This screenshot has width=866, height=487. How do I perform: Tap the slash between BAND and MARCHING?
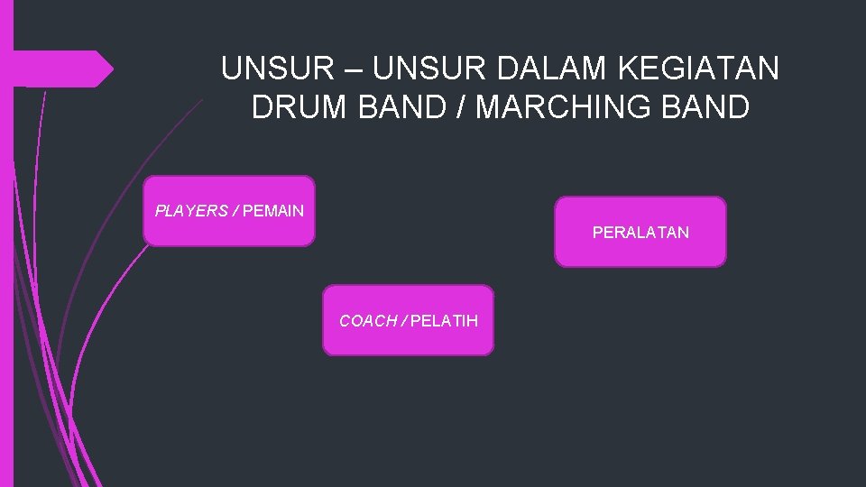(x=459, y=107)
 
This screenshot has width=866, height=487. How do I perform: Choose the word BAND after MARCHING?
(x=708, y=107)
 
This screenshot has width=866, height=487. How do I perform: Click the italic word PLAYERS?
(x=191, y=211)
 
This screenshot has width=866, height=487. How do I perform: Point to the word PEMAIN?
(x=273, y=211)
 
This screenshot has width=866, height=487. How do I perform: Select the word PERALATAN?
(x=640, y=233)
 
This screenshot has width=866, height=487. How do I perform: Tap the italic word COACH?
(x=368, y=321)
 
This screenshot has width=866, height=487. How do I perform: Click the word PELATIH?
(x=445, y=321)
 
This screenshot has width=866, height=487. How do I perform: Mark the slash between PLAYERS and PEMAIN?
(x=235, y=211)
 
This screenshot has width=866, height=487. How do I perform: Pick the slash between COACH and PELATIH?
(x=404, y=321)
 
